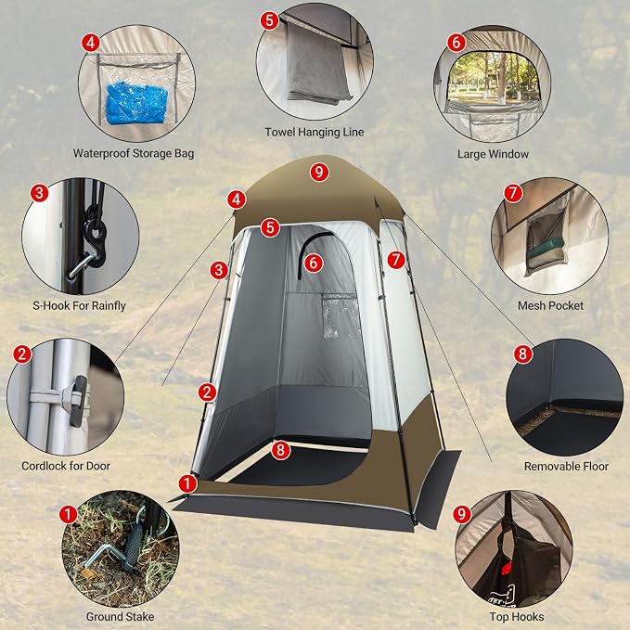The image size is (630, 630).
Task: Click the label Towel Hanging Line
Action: pyautogui.click(x=315, y=132)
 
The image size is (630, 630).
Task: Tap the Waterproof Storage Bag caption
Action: pyautogui.click(x=134, y=153)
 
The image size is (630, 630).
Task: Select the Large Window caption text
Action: pyautogui.click(x=493, y=154)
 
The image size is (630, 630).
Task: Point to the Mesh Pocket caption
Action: pyautogui.click(x=550, y=306)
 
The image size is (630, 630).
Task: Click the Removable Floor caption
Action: pyautogui.click(x=566, y=467)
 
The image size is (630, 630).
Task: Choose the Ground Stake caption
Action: pyautogui.click(x=120, y=617)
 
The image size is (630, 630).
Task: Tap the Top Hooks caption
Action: pyautogui.click(x=517, y=617)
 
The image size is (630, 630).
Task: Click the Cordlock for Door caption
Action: pyautogui.click(x=66, y=466)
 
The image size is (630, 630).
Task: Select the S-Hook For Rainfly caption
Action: pyautogui.click(x=79, y=306)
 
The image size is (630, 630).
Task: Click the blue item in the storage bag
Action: pyautogui.click(x=136, y=103)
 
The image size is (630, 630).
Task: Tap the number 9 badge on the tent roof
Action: pyautogui.click(x=319, y=173)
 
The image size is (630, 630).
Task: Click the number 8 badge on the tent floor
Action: pyautogui.click(x=280, y=450)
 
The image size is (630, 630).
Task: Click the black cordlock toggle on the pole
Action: pyautogui.click(x=79, y=401)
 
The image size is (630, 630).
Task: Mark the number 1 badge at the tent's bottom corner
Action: pyautogui.click(x=187, y=483)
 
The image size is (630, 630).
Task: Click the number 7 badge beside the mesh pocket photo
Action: pyautogui.click(x=513, y=193)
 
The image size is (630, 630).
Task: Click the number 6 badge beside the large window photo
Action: pyautogui.click(x=456, y=42)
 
